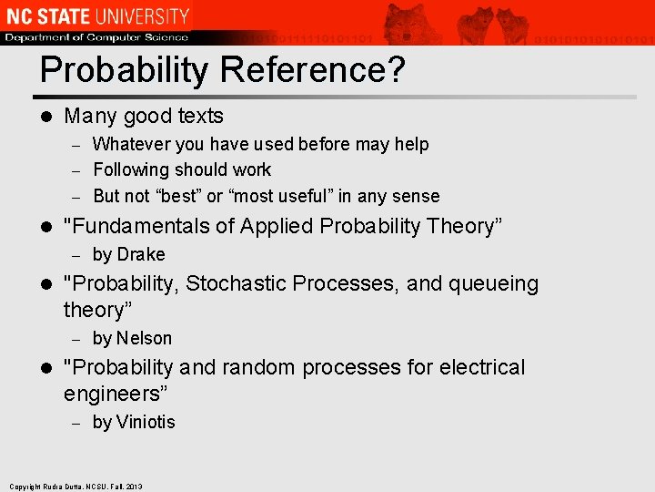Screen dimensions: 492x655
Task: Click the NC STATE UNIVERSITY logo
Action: (96, 15)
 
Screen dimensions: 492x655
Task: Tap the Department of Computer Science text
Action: (96, 37)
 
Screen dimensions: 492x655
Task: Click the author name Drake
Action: (141, 254)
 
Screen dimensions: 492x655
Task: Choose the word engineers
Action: (113, 394)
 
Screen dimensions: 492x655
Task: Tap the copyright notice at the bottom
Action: (76, 487)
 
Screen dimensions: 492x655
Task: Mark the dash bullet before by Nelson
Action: (77, 339)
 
